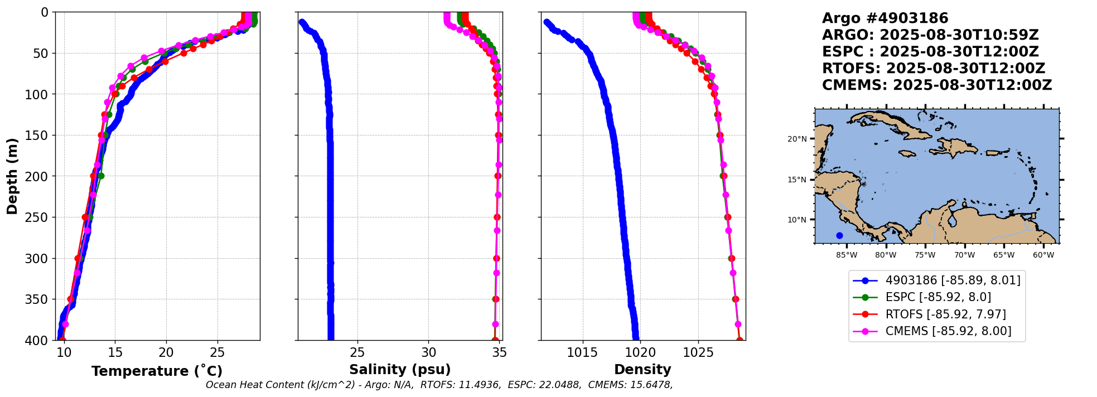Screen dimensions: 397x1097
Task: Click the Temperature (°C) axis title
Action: [x=157, y=371]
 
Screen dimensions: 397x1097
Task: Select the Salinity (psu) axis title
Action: [x=400, y=370]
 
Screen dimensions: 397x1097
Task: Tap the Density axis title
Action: [x=642, y=370]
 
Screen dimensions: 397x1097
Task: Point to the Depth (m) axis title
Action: [x=12, y=176]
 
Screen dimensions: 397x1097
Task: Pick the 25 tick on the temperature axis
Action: [x=218, y=352]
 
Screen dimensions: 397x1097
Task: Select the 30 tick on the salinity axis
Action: [x=429, y=352]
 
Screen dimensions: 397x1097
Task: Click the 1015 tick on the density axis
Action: [x=583, y=352]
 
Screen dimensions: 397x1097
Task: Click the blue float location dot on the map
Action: [x=839, y=235]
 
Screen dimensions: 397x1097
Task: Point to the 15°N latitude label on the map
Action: [x=797, y=180]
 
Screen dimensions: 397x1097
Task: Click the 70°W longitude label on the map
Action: [x=964, y=255]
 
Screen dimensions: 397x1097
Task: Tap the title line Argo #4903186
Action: [x=885, y=18]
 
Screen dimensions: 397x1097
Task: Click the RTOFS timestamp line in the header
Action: [x=934, y=69]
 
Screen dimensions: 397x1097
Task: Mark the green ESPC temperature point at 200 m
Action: [x=101, y=176]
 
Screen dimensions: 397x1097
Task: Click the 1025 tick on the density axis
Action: [x=698, y=352]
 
